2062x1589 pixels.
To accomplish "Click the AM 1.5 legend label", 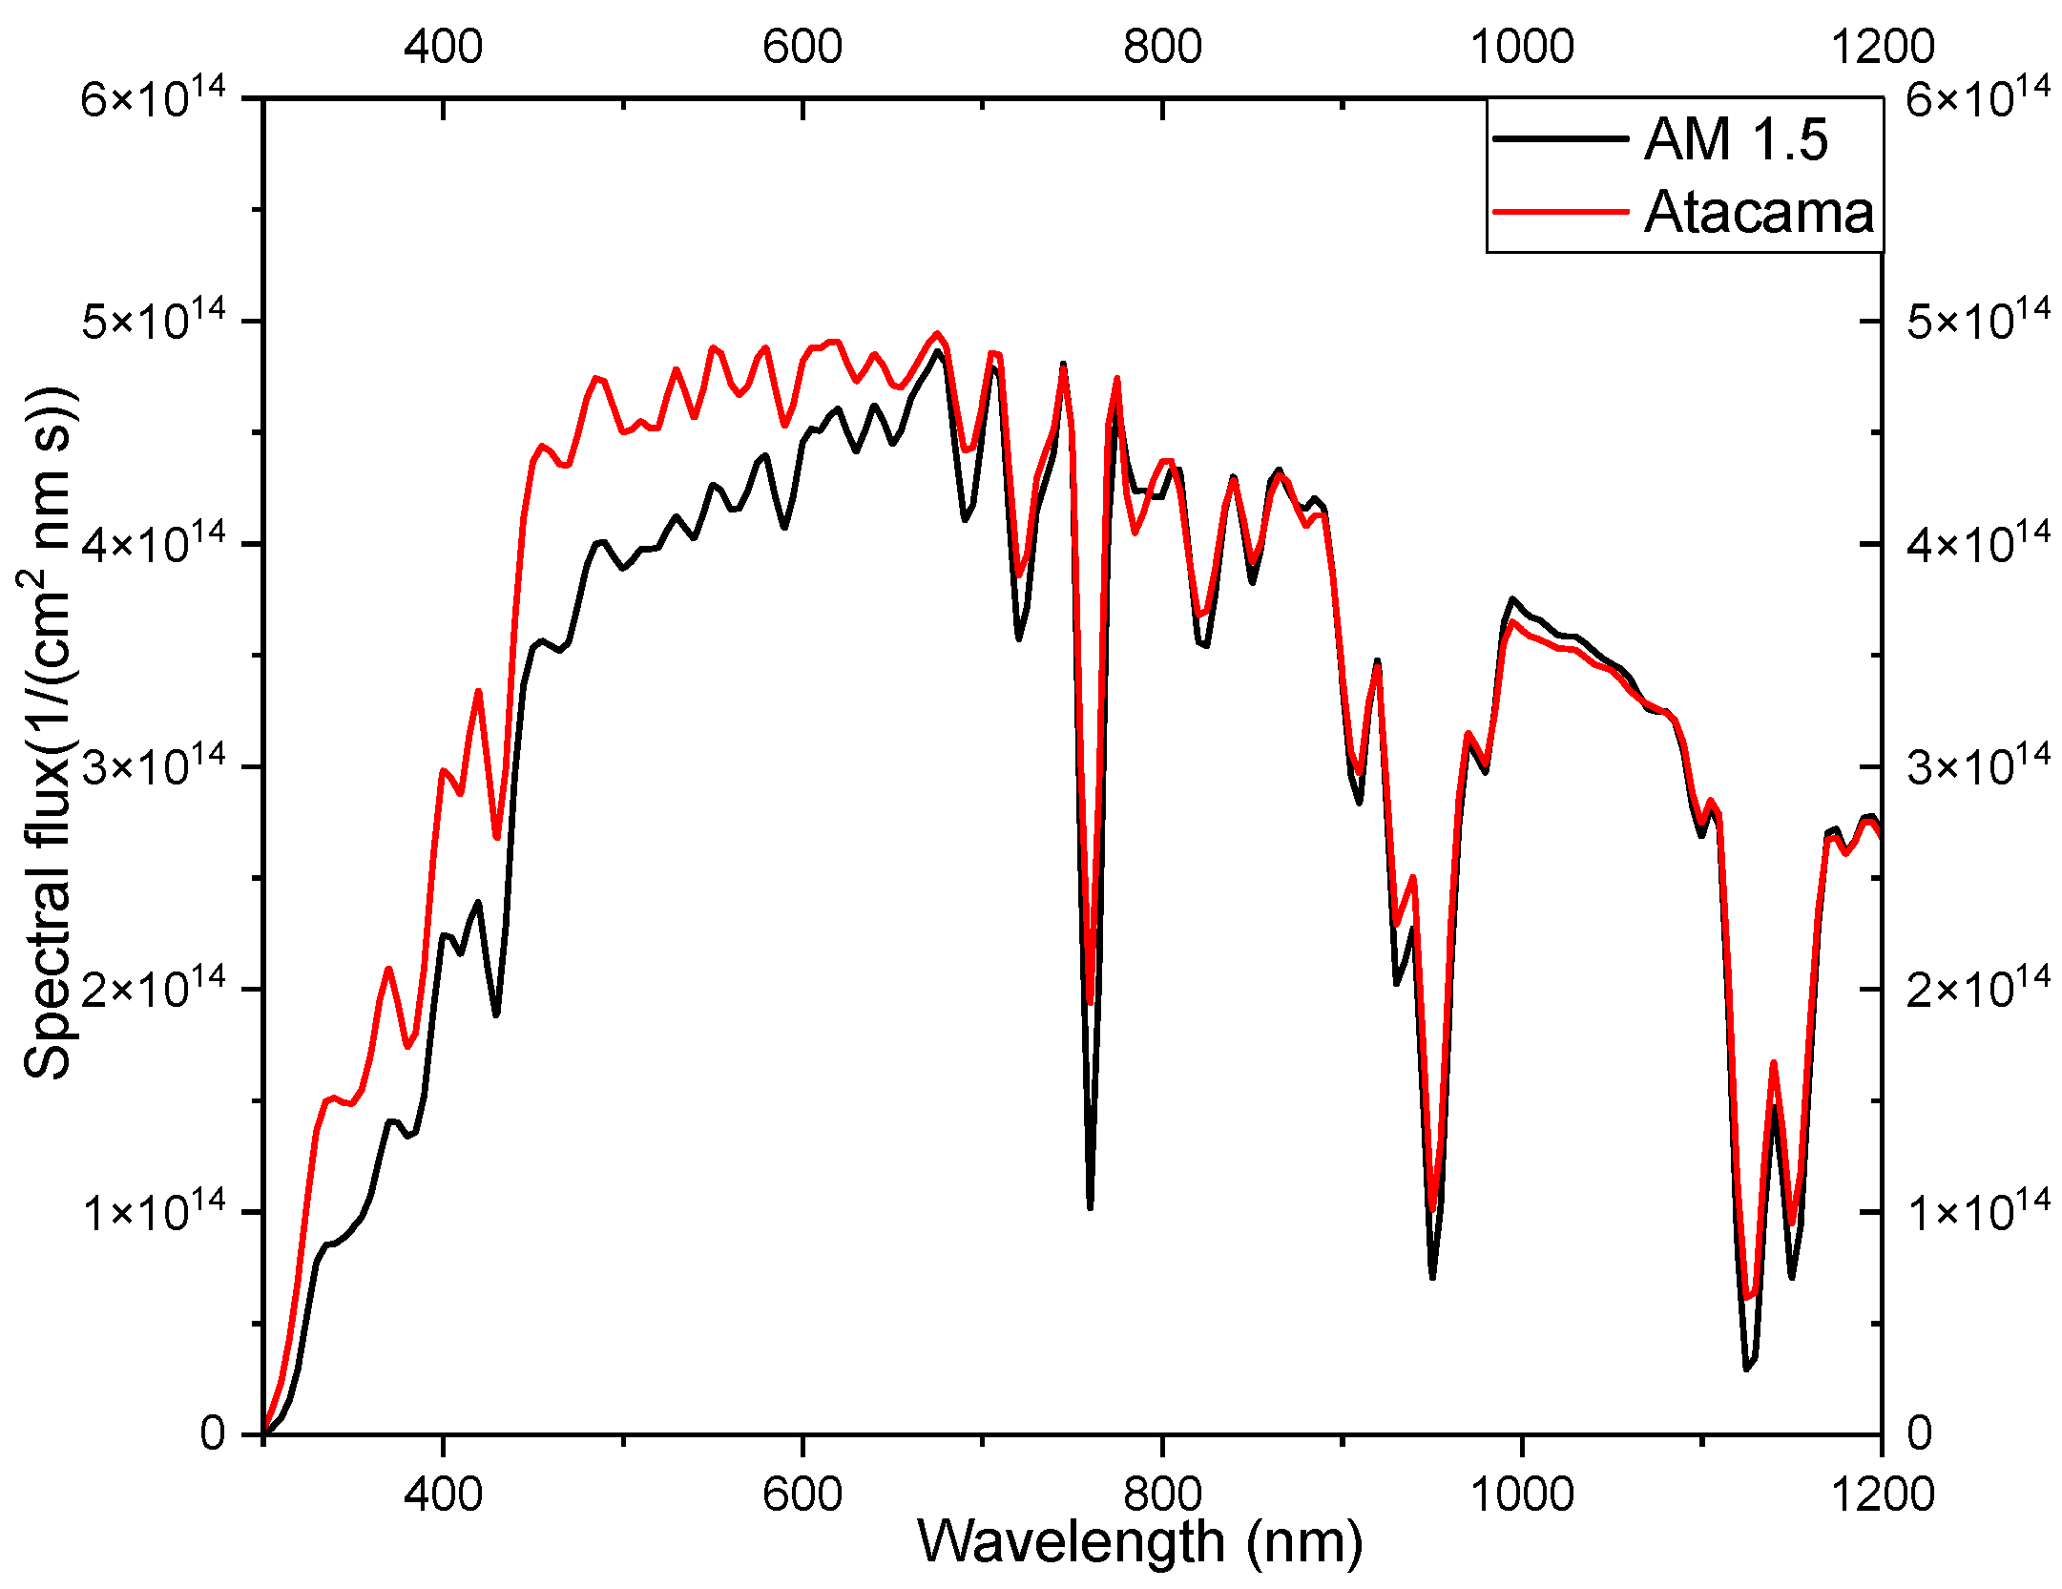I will [1735, 140].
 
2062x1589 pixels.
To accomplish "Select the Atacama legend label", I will [1759, 212].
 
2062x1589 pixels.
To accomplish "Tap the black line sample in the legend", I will [1560, 139].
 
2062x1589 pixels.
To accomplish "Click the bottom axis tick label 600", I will [802, 1493].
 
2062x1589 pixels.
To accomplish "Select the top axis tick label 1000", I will [1521, 46].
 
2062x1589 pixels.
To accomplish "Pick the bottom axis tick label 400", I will [443, 1493].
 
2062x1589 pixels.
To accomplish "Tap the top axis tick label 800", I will [1161, 46].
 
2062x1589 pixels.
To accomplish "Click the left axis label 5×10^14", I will [153, 320].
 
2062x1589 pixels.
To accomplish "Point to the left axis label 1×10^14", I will [153, 1211].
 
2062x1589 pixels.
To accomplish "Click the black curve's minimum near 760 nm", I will [1090, 1207].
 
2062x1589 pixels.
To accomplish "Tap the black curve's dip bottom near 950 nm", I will [1432, 1276].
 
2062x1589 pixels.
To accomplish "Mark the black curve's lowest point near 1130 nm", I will [1746, 1369].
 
